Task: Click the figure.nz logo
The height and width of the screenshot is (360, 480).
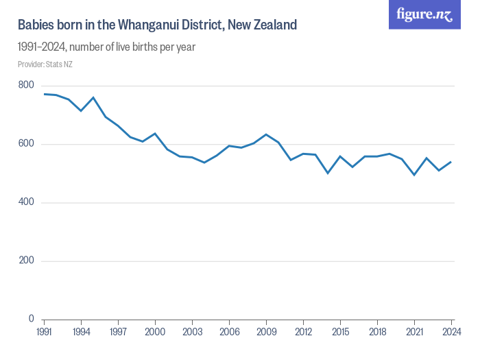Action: pos(424,15)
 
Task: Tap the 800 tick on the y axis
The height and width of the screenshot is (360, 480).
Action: pos(26,85)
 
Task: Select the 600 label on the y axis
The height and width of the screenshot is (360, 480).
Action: pos(26,144)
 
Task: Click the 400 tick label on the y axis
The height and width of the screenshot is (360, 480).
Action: pos(26,202)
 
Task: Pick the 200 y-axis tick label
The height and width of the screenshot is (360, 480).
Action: pos(26,261)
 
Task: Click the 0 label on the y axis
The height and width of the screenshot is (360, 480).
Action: pos(31,319)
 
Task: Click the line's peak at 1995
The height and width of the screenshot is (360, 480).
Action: pos(94,97)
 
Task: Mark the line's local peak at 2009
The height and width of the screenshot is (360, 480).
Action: pos(267,134)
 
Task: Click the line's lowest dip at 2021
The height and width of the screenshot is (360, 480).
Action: pos(415,175)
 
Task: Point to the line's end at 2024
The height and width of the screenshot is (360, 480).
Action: pos(452,162)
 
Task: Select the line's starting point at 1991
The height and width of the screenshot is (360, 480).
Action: pos(45,94)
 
